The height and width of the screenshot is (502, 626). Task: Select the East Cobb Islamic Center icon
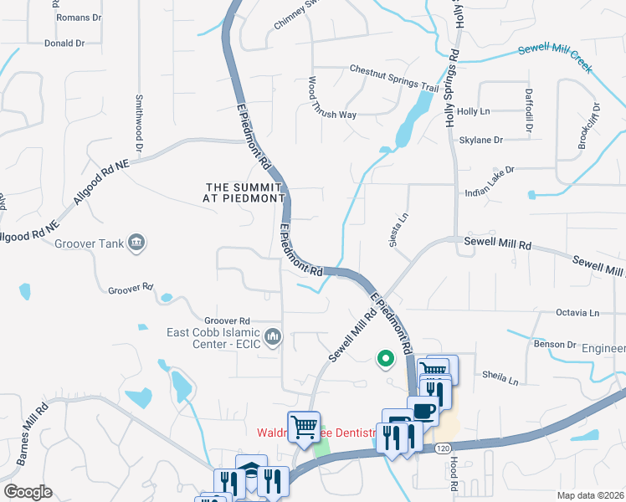272,337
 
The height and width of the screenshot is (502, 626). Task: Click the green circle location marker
386,359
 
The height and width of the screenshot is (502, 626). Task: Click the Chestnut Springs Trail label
393,78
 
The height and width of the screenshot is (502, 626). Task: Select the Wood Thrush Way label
331,99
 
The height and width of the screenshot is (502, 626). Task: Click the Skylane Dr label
481,141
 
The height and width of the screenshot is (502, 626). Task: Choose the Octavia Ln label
577,313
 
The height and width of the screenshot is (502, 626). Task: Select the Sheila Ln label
500,378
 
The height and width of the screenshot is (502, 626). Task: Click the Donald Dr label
64,43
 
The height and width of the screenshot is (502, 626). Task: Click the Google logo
28,492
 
